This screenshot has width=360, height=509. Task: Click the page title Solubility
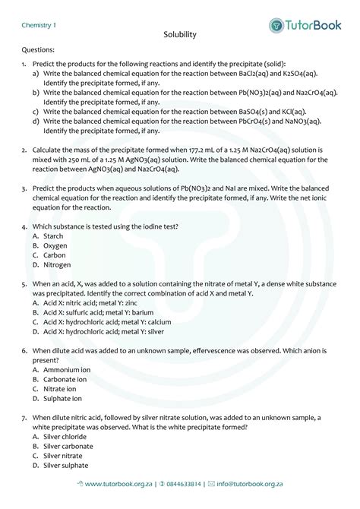pos(180,35)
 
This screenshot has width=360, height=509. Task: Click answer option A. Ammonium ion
pos(62,369)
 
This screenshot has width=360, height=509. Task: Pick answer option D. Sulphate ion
pos(58,398)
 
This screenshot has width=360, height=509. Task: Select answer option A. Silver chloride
pos(60,437)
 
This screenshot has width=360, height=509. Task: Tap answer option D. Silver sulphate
pos(61,465)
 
